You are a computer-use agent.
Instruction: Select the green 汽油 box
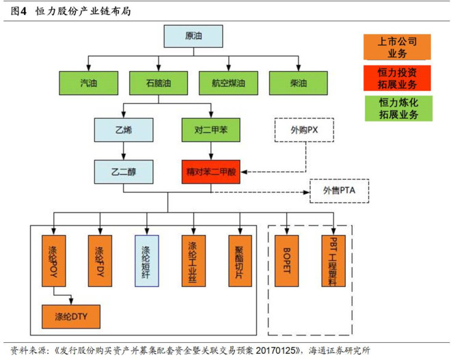(x=88, y=82)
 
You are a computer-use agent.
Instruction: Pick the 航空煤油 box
(x=225, y=82)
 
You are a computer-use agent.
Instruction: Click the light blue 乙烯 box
(x=123, y=128)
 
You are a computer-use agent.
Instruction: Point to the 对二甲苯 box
(x=210, y=128)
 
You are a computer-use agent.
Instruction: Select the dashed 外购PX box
(x=303, y=128)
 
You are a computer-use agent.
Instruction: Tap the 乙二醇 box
(x=123, y=170)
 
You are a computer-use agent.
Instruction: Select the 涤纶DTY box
(x=72, y=316)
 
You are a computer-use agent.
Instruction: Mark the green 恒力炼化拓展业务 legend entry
(x=396, y=108)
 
